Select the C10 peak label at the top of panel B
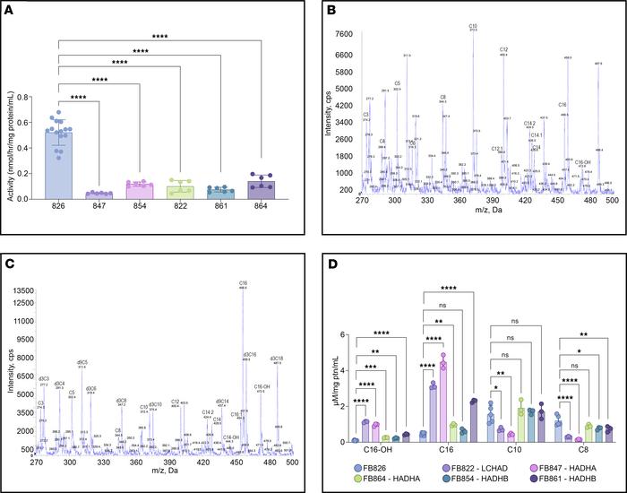473,26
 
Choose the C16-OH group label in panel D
377,454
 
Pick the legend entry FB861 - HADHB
565,481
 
